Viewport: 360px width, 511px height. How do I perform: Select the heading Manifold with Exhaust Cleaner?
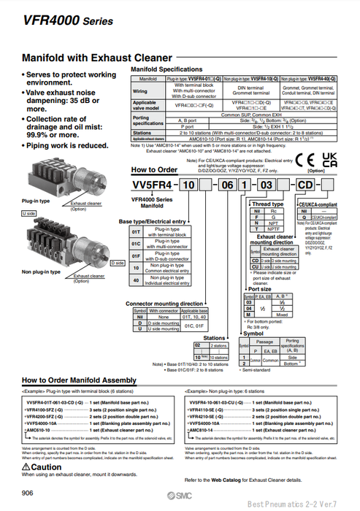point(97,58)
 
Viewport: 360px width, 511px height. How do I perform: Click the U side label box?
point(28,212)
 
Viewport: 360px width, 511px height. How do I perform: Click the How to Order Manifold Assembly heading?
point(78,380)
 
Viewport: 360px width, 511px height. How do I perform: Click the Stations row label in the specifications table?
point(145,133)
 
